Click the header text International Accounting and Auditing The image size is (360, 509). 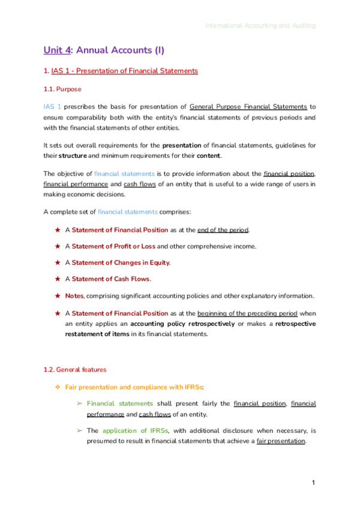[x=260, y=26]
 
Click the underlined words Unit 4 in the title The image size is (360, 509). [x=57, y=50]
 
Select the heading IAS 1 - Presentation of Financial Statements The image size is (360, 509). [x=124, y=71]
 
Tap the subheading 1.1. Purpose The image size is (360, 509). [x=62, y=89]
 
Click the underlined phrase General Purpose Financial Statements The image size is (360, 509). [x=248, y=107]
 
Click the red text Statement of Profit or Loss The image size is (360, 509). [x=113, y=246]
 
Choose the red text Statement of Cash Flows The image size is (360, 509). [x=111, y=279]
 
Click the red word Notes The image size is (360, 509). [x=74, y=296]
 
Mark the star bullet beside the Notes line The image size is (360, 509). [x=58, y=296]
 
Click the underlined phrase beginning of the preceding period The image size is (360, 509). [x=247, y=313]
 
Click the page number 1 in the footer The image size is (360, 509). [x=313, y=483]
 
